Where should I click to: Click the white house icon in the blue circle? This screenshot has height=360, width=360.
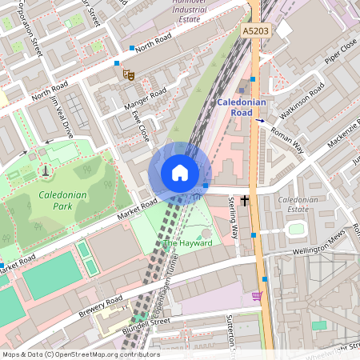[x=180, y=173]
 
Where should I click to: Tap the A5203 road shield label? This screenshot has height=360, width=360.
[x=254, y=30]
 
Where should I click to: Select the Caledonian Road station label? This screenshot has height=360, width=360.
[x=246, y=107]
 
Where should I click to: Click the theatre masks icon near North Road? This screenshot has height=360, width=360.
[x=128, y=74]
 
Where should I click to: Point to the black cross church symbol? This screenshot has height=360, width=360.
[x=244, y=197]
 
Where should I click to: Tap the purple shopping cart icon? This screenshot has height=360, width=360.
[x=257, y=296]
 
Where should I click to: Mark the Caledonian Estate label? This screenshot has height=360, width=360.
[x=298, y=204]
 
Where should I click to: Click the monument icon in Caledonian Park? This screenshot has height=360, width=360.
[x=45, y=170]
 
